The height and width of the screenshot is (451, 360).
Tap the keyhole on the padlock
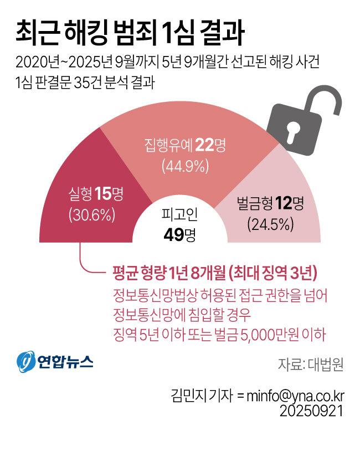[x=292, y=131]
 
